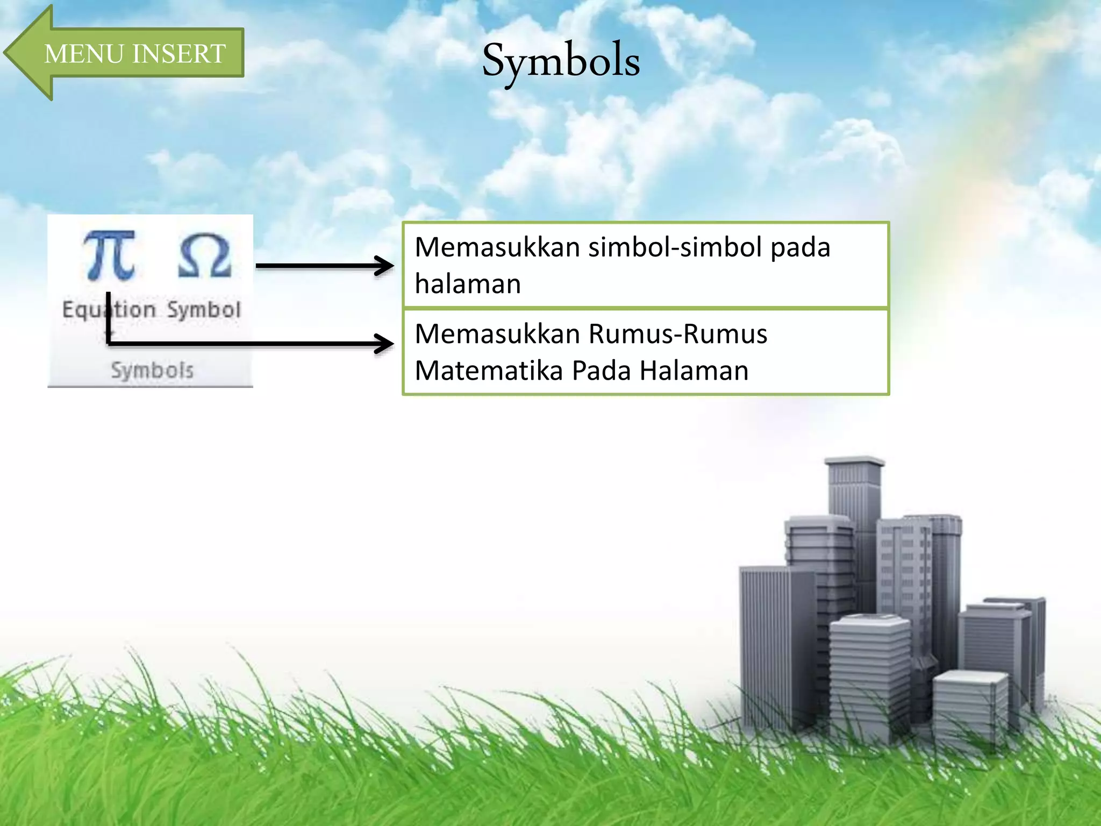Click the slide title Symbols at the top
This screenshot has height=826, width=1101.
[561, 61]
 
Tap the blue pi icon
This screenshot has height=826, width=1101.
[109, 255]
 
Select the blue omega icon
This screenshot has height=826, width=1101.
[204, 256]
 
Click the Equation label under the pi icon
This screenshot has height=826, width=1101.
[109, 310]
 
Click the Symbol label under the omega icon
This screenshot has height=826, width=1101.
[204, 310]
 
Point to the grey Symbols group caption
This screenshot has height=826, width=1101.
[152, 371]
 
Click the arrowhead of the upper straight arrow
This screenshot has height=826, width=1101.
[386, 266]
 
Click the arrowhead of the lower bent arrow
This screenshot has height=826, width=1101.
[386, 344]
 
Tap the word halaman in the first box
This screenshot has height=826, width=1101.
[468, 284]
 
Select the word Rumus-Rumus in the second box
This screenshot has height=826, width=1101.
[678, 334]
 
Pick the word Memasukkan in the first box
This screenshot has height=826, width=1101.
[497, 247]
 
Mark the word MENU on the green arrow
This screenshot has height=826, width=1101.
[83, 54]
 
